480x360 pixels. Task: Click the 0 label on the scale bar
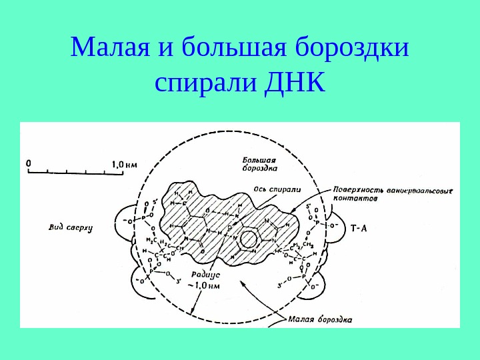(x=28, y=161)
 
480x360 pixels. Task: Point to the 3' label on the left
(x=179, y=281)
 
